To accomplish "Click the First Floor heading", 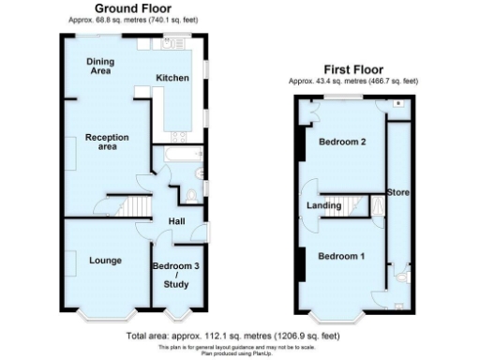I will pos(352,69).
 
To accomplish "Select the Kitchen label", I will pos(172,78).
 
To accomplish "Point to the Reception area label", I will pos(106,142).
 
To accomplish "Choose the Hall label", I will pos(176,221).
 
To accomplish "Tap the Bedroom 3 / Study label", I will pos(176,274).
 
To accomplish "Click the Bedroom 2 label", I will pos(340,142).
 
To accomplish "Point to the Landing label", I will pos(322,205).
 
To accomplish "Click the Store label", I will pos(397,192).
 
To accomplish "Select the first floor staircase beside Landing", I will pos(354,205).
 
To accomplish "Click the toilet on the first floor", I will pos(400,276).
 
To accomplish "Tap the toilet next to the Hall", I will pos(193,194).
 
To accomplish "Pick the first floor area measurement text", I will pos(352,81).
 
